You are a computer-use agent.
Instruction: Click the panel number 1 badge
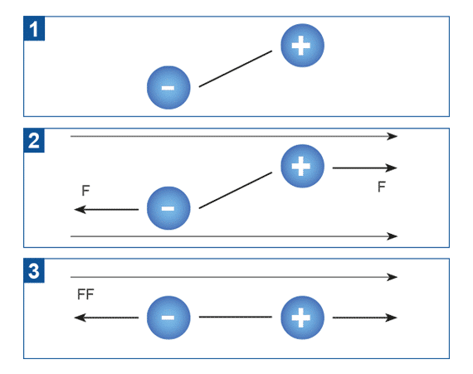pyautogui.click(x=34, y=28)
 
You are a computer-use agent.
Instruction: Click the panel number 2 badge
pyautogui.click(x=34, y=140)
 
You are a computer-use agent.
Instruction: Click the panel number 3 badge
pyautogui.click(x=34, y=270)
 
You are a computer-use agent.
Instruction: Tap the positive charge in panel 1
pyautogui.click(x=302, y=46)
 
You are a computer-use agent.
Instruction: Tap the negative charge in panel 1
pyautogui.click(x=168, y=87)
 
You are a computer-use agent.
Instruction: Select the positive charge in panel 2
pyautogui.click(x=302, y=166)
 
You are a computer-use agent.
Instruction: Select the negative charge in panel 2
pyautogui.click(x=168, y=208)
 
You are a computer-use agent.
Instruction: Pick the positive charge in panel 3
pyautogui.click(x=302, y=318)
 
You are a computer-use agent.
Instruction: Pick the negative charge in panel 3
pyautogui.click(x=168, y=318)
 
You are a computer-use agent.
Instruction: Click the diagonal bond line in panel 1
pyautogui.click(x=236, y=69)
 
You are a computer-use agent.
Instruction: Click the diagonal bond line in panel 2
pyautogui.click(x=236, y=190)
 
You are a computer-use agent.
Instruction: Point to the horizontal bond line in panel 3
pyautogui.click(x=236, y=317)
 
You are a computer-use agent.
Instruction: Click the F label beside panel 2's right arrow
pyautogui.click(x=382, y=187)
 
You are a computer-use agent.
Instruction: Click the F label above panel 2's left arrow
pyautogui.click(x=85, y=191)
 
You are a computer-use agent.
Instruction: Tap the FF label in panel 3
pyautogui.click(x=85, y=294)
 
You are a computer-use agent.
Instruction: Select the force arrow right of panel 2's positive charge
pyautogui.click(x=364, y=168)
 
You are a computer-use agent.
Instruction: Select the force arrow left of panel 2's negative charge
pyautogui.click(x=106, y=209)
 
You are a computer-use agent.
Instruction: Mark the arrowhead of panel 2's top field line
pyautogui.click(x=393, y=136)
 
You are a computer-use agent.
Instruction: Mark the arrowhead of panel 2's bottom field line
pyautogui.click(x=393, y=236)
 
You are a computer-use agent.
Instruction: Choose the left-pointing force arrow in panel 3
pyautogui.click(x=106, y=318)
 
